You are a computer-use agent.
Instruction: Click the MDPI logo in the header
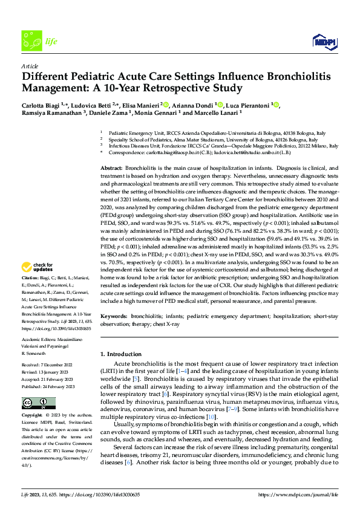pyautogui.click(x=324, y=41)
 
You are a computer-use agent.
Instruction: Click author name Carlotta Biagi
pyautogui.click(x=41, y=105)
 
